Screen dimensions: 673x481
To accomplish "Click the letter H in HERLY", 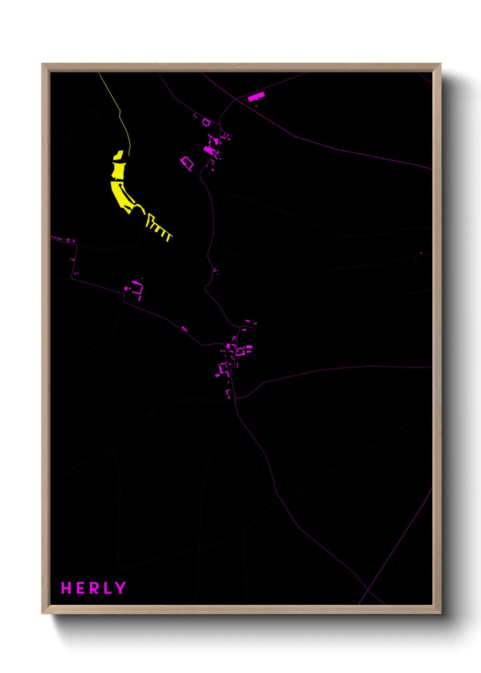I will coord(66,588).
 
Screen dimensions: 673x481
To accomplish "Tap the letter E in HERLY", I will coord(80,588).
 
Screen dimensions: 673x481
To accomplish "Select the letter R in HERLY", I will coord(93,588).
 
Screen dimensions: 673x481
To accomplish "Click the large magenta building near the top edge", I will coord(256,97).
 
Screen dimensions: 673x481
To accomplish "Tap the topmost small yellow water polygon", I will coord(118,156).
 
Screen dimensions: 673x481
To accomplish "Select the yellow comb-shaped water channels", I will coord(159,227).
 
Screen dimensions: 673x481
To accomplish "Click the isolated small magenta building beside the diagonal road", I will coord(185,328).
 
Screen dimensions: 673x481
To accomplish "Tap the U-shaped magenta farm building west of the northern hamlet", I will coord(187,163).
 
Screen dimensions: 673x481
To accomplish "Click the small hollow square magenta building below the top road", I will coord(206,122).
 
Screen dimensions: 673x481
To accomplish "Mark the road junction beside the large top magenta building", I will coord(235,99).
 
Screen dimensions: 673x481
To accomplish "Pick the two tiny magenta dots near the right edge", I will coord(418,256).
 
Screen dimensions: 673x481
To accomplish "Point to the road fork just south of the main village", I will coord(236,399).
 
